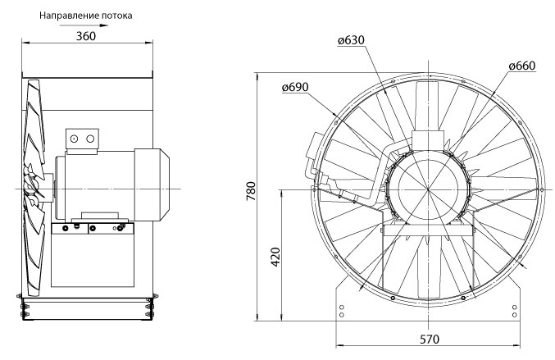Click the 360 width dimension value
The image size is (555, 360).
[x=86, y=36]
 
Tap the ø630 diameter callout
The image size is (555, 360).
[x=351, y=40]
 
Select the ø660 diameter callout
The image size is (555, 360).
[x=522, y=66]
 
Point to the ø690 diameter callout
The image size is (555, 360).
[x=295, y=87]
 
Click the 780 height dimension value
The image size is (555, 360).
[x=251, y=191]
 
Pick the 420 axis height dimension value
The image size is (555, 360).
[x=275, y=257]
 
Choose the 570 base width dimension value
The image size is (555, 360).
[x=430, y=339]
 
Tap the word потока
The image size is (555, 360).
[x=116, y=16]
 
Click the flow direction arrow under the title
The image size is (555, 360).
[x=84, y=25]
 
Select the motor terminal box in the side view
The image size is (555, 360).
[x=82, y=141]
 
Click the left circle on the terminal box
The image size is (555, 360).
[x=74, y=139]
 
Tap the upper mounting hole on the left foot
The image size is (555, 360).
[x=342, y=307]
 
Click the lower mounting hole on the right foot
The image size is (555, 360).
[x=515, y=315]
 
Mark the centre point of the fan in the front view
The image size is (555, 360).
[x=428, y=189]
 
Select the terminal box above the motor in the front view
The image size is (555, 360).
[x=428, y=140]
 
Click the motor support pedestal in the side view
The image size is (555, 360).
[x=93, y=255]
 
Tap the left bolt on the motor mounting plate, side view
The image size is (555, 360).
[x=65, y=229]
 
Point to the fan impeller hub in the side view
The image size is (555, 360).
[x=47, y=188]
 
